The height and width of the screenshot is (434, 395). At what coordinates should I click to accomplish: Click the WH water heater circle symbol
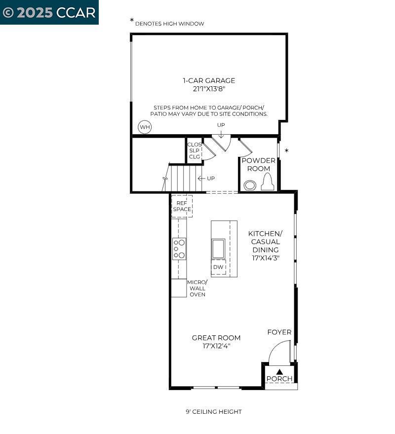[x=145, y=127]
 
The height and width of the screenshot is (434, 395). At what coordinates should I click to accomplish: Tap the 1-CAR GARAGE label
[x=209, y=80]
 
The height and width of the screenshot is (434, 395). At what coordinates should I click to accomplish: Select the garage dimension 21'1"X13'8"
[x=209, y=89]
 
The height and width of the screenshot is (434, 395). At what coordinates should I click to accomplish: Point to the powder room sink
[x=250, y=185]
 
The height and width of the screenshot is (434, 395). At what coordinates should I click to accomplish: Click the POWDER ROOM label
[x=258, y=164]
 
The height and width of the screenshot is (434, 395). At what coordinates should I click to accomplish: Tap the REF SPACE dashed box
[x=182, y=206]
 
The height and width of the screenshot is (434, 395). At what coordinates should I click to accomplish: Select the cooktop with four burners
[x=179, y=249]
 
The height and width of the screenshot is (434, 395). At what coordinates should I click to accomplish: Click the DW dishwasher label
[x=218, y=267]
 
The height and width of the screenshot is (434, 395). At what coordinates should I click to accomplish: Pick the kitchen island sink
[x=218, y=249]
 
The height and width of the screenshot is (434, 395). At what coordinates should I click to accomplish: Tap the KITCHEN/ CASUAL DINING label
[x=265, y=245]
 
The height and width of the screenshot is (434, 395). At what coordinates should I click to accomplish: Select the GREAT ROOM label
[x=216, y=338]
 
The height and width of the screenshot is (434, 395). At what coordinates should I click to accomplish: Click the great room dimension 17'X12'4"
[x=216, y=346]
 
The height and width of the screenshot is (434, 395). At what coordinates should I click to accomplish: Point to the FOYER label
[x=279, y=332]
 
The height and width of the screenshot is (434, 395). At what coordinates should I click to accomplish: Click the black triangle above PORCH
[x=279, y=372]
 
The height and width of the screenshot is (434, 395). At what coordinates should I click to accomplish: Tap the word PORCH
[x=279, y=379]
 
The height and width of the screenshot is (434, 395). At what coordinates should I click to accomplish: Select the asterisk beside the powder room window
[x=286, y=151]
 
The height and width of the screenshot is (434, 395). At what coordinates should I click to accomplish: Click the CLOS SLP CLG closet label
[x=194, y=150]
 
